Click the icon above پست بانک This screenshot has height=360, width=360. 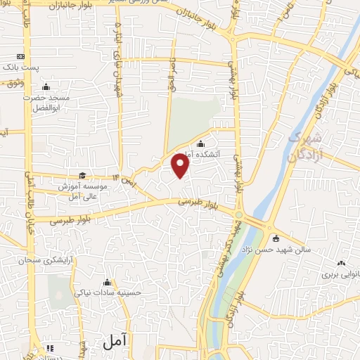pyautogui.click(x=20, y=56)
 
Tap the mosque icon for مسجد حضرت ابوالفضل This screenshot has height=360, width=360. pyautogui.click(x=46, y=87)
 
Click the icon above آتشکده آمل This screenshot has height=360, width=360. pyautogui.click(x=200, y=144)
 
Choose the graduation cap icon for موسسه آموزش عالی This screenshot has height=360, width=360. pyautogui.click(x=82, y=176)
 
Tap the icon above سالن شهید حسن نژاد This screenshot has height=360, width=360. pyautogui.click(x=276, y=237)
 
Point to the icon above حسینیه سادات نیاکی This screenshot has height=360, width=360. pyautogui.click(x=107, y=282)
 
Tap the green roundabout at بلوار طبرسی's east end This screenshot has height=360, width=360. pyautogui.click(x=239, y=214)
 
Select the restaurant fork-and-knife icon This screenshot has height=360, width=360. pyautogui.click(x=50, y=348)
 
